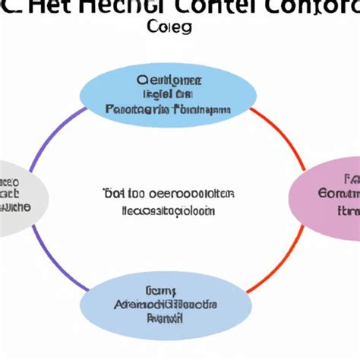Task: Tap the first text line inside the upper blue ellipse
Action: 168,80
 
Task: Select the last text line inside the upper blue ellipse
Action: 168,109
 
